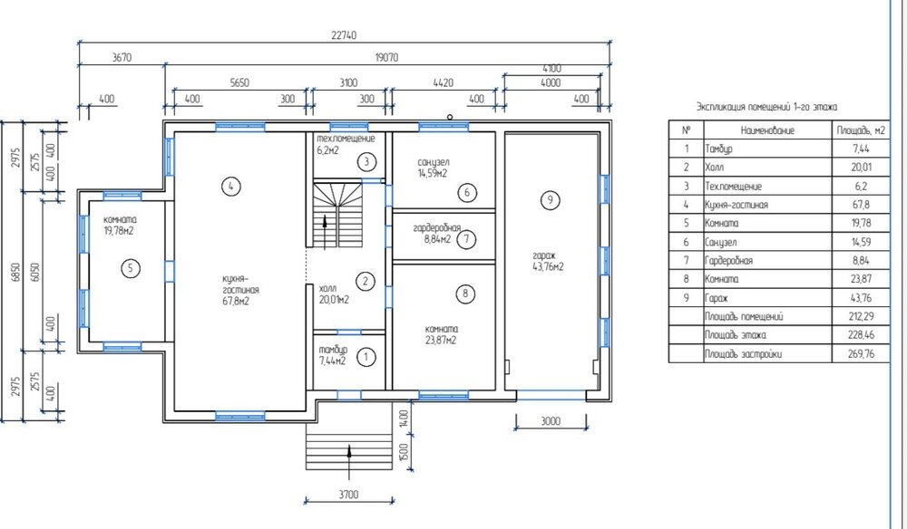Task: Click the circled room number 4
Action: point(230,186)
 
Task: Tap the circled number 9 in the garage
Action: point(551,200)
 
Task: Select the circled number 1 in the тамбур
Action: point(366,357)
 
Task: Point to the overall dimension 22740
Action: point(344,35)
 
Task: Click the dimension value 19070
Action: point(387,58)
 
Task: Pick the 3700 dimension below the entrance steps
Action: point(348,495)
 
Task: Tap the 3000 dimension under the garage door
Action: point(551,421)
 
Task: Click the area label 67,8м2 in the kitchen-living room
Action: point(236,301)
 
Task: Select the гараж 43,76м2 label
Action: point(548,261)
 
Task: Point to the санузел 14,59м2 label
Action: point(434,168)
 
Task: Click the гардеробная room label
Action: point(437,228)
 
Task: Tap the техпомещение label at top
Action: point(346,139)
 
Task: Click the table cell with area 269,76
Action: point(860,354)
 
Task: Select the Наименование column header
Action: point(767,130)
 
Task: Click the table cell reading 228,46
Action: point(860,335)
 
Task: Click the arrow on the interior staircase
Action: point(325,232)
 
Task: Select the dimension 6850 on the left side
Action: point(15,273)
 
